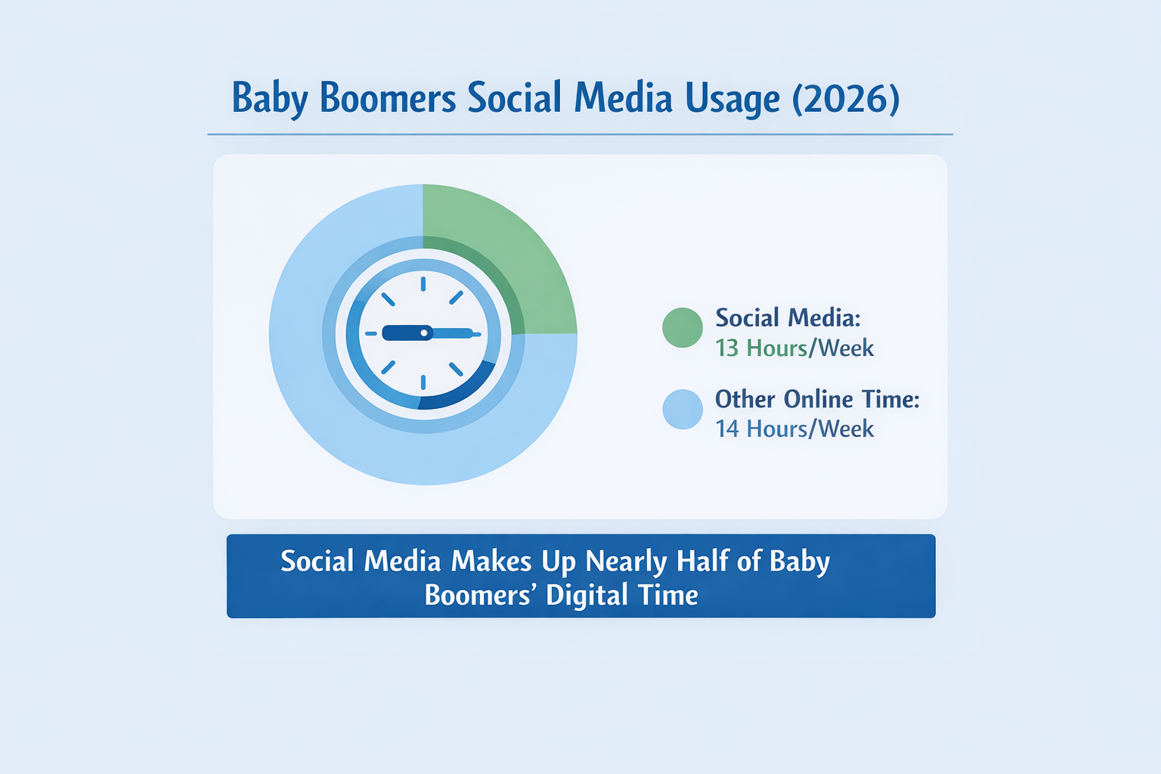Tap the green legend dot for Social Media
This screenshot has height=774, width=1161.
pos(683,327)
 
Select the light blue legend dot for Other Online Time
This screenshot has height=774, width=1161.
pos(683,409)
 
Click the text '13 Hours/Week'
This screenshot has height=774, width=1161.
pos(794,348)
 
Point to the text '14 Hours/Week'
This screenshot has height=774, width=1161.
pos(794,429)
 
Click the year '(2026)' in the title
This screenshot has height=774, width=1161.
pos(846,99)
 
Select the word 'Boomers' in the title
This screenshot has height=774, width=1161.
pos(388,99)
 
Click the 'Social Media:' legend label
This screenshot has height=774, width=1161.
pos(788,317)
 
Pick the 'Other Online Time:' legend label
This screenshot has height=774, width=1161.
pos(817,399)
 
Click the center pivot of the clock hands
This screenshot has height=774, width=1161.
pos(424,333)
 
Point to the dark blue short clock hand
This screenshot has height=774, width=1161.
pos(404,333)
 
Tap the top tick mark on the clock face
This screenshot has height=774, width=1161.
pos(423,284)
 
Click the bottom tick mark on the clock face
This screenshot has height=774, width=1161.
pos(423,382)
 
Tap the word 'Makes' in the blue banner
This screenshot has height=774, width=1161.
pos(491,562)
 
